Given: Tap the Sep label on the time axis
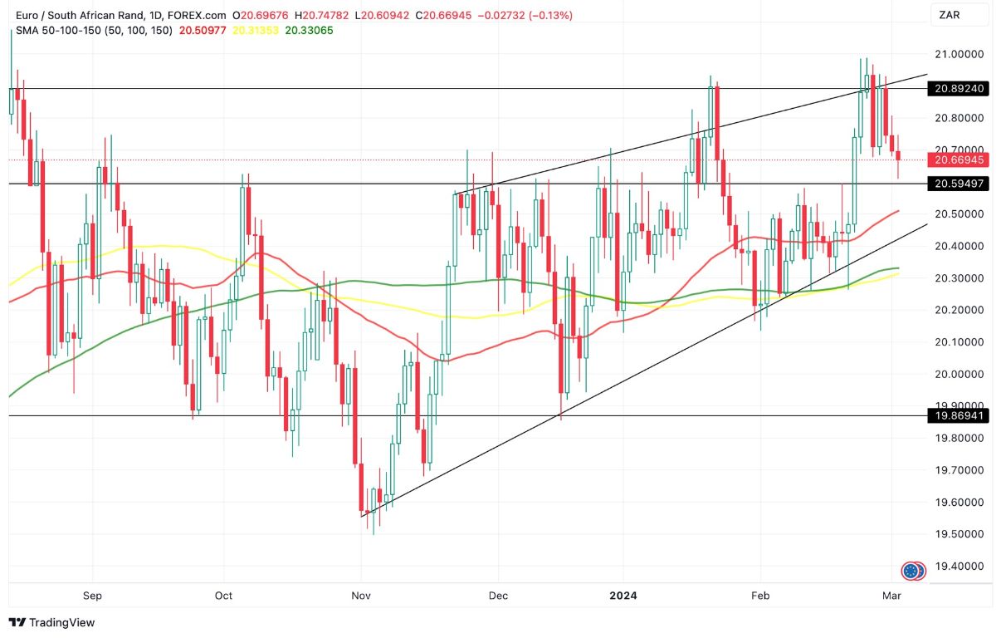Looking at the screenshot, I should pyautogui.click(x=92, y=596).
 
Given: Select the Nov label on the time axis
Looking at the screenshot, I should pyautogui.click(x=361, y=596).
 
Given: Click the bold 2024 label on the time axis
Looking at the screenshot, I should pyautogui.click(x=623, y=596).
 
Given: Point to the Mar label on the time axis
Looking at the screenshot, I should pyautogui.click(x=891, y=596).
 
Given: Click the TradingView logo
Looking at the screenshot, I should pyautogui.click(x=51, y=622).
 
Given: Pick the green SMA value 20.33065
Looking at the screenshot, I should pyautogui.click(x=309, y=30).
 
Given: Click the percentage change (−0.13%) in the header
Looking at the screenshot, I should pyautogui.click(x=544, y=15).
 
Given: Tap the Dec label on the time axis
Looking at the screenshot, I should pyautogui.click(x=497, y=596).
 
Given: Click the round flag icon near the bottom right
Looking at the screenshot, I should pyautogui.click(x=913, y=571).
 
